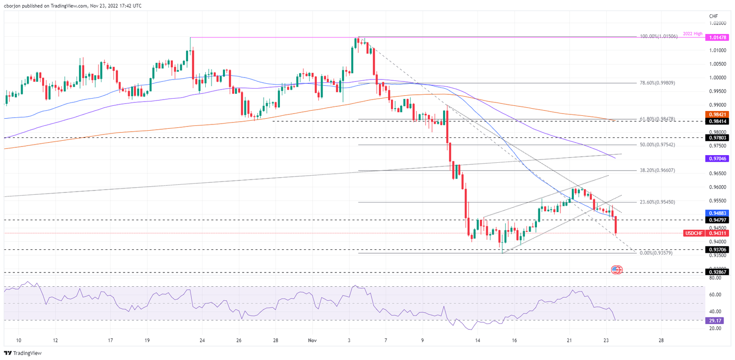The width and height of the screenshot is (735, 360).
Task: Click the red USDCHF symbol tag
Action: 694,233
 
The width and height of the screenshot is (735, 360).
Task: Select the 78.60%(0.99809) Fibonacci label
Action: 657,83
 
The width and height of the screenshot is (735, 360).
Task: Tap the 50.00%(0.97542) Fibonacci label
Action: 657,145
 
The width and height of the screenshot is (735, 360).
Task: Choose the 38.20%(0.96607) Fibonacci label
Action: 657,170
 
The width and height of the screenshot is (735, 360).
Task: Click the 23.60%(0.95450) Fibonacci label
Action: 657,202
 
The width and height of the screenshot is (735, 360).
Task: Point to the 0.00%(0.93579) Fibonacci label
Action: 657,253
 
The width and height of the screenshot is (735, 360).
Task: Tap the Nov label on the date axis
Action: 312,340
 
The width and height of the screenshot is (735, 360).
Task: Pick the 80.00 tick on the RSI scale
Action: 715,278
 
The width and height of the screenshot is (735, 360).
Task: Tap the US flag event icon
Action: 617,270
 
